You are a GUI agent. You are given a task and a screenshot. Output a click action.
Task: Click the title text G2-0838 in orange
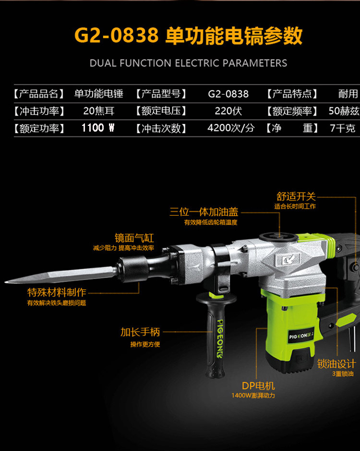click(117, 36)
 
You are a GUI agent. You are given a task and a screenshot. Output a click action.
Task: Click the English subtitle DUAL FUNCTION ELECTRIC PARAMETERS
click(188, 63)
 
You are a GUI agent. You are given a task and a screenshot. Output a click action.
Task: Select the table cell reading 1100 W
click(98, 128)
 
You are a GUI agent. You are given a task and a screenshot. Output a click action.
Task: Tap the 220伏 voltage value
click(228, 111)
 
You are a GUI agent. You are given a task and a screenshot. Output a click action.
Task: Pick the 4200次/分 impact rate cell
click(231, 128)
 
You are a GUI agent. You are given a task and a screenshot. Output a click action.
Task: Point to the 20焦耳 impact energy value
click(99, 111)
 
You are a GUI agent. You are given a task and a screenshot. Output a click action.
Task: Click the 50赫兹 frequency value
click(344, 111)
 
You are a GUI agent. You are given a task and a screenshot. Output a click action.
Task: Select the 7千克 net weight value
click(343, 128)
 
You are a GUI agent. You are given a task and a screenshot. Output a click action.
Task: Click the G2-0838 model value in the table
click(228, 94)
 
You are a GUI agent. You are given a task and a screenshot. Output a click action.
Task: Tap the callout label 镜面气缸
click(134, 238)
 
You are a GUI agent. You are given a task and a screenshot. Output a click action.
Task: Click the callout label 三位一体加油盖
click(204, 212)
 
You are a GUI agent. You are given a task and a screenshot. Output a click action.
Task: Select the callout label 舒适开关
click(296, 197)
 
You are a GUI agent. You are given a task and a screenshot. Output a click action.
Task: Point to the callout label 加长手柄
click(140, 332)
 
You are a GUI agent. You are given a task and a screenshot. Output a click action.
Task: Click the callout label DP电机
click(258, 386)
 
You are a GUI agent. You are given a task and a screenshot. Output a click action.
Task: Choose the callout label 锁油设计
click(336, 364)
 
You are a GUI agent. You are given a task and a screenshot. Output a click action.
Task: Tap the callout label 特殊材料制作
click(57, 293)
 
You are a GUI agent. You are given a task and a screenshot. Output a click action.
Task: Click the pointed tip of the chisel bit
click(5, 282)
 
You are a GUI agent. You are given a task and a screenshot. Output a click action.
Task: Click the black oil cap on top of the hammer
click(278, 237)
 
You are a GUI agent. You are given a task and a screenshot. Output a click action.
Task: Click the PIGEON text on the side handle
click(220, 339)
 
